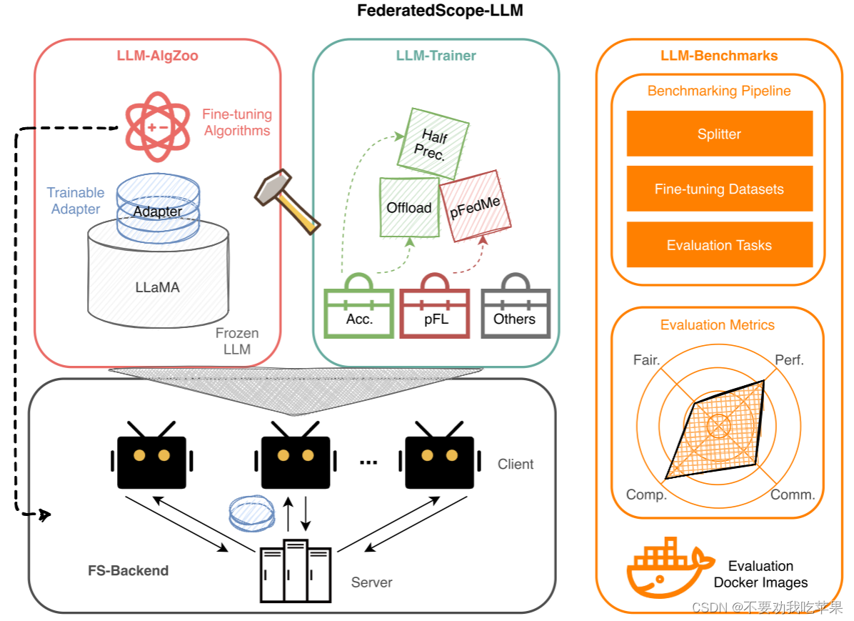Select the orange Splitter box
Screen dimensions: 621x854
719,134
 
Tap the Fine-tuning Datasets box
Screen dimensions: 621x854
719,189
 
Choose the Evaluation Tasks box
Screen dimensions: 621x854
719,245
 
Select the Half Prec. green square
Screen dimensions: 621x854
433,144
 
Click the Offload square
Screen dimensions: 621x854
409,207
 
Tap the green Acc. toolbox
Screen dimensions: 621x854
359,313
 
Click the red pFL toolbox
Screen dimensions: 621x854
435,313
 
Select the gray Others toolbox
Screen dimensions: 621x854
515,313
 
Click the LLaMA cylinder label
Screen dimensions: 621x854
157,288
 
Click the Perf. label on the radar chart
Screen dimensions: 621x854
789,360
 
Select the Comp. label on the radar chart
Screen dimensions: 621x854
646,495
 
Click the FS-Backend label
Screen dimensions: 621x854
129,570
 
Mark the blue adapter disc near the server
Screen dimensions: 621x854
251,513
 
